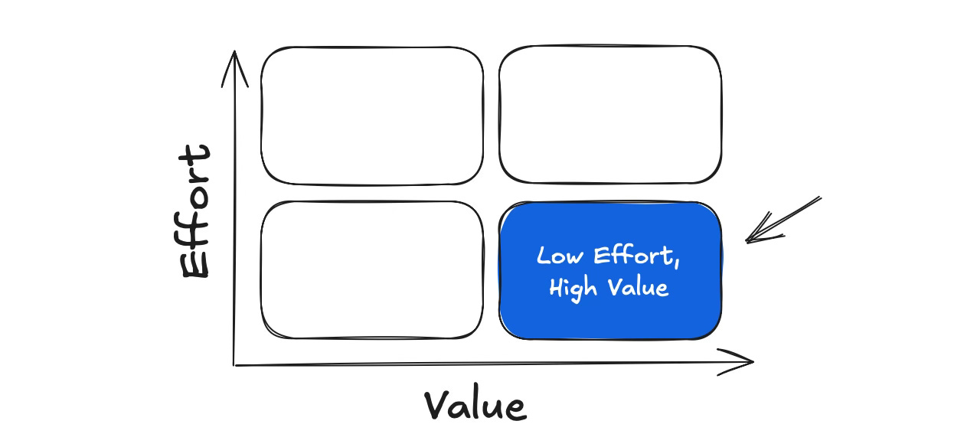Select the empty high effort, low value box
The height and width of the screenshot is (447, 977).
pos(372,116)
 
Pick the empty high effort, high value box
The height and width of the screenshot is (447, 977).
pos(609,116)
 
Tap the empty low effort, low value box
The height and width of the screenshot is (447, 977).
pos(372,269)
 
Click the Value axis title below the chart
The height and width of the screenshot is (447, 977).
pos(475,406)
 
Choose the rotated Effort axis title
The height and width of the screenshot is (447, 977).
pos(194,212)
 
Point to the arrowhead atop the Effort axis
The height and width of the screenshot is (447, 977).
pos(235,61)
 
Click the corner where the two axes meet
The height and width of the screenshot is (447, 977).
pos(235,365)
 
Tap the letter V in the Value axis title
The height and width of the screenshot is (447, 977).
pos(437,406)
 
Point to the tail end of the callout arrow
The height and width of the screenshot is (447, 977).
pos(819,198)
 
